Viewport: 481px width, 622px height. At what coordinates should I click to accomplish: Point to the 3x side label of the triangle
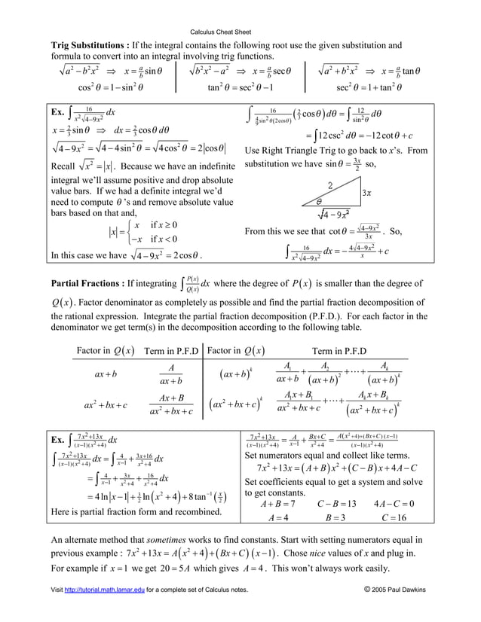[366, 194]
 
